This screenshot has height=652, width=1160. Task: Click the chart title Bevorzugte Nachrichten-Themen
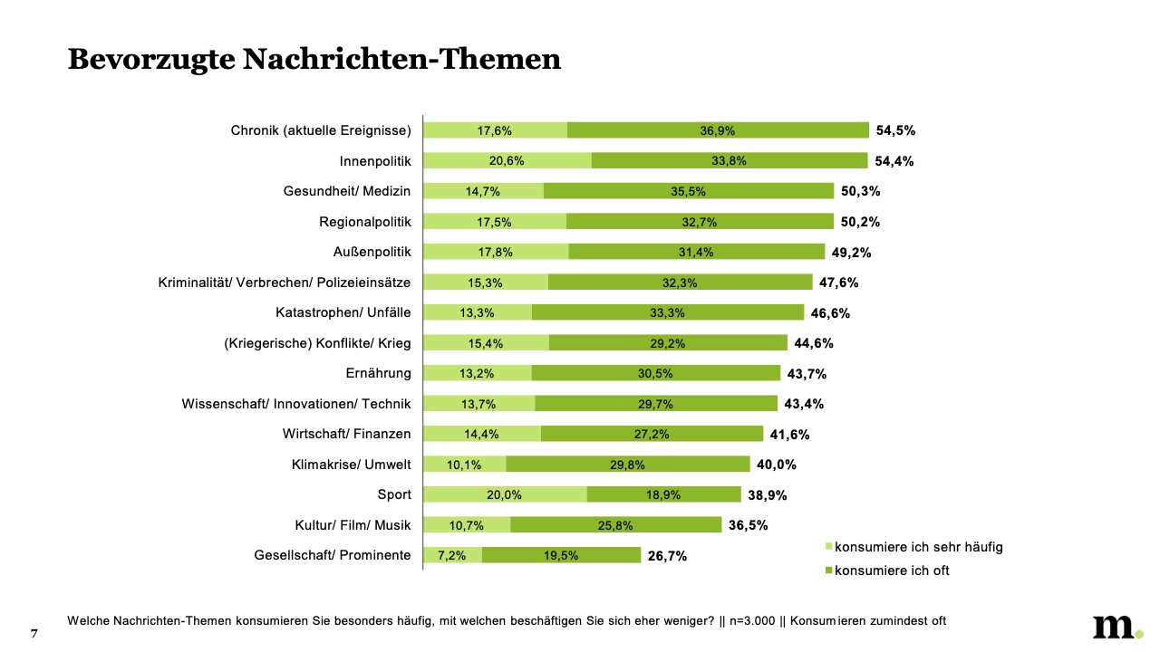314,59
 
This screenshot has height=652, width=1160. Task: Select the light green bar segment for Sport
505,494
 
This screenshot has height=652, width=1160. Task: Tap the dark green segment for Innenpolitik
730,160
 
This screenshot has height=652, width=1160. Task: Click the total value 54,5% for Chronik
895,130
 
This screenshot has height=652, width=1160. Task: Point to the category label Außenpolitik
372,252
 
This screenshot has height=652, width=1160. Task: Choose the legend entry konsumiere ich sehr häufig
918,546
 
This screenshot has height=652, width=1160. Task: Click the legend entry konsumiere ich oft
891,570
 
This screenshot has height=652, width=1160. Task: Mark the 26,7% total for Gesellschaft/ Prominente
667,556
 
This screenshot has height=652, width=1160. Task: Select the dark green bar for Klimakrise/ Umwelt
627,465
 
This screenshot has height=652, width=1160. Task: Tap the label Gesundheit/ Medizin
347,191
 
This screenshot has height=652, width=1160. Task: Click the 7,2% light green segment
452,555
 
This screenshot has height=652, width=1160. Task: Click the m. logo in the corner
1116,627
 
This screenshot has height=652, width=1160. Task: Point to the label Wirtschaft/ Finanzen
347,434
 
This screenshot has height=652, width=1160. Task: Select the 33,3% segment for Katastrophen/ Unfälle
667,312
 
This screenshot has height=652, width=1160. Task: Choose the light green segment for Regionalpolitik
495,221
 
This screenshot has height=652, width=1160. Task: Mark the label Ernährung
378,373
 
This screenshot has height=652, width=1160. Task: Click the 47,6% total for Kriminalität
838,283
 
